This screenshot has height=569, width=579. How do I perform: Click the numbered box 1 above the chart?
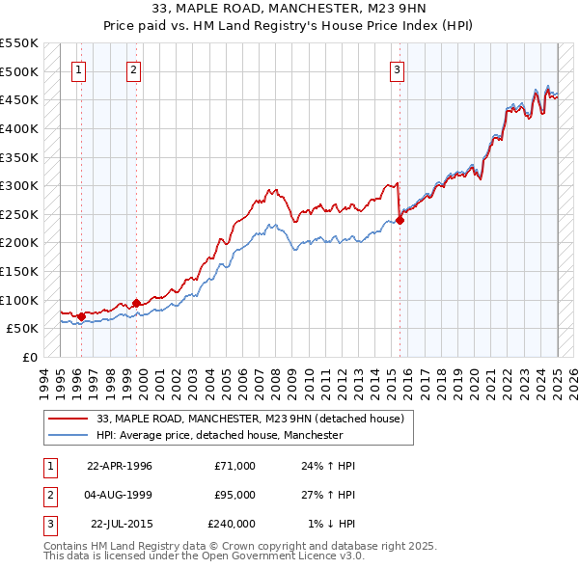tap(78, 69)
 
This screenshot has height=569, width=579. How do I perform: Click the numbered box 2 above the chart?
tap(133, 69)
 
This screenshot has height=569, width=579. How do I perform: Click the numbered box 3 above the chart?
tap(397, 69)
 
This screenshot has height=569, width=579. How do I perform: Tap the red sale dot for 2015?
tap(400, 220)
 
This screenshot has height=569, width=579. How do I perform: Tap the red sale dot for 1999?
tap(136, 302)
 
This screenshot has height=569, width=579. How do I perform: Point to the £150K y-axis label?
tap(19, 271)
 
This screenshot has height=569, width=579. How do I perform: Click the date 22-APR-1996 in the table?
tap(120, 466)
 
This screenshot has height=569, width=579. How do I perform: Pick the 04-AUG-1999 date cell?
tap(120, 495)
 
